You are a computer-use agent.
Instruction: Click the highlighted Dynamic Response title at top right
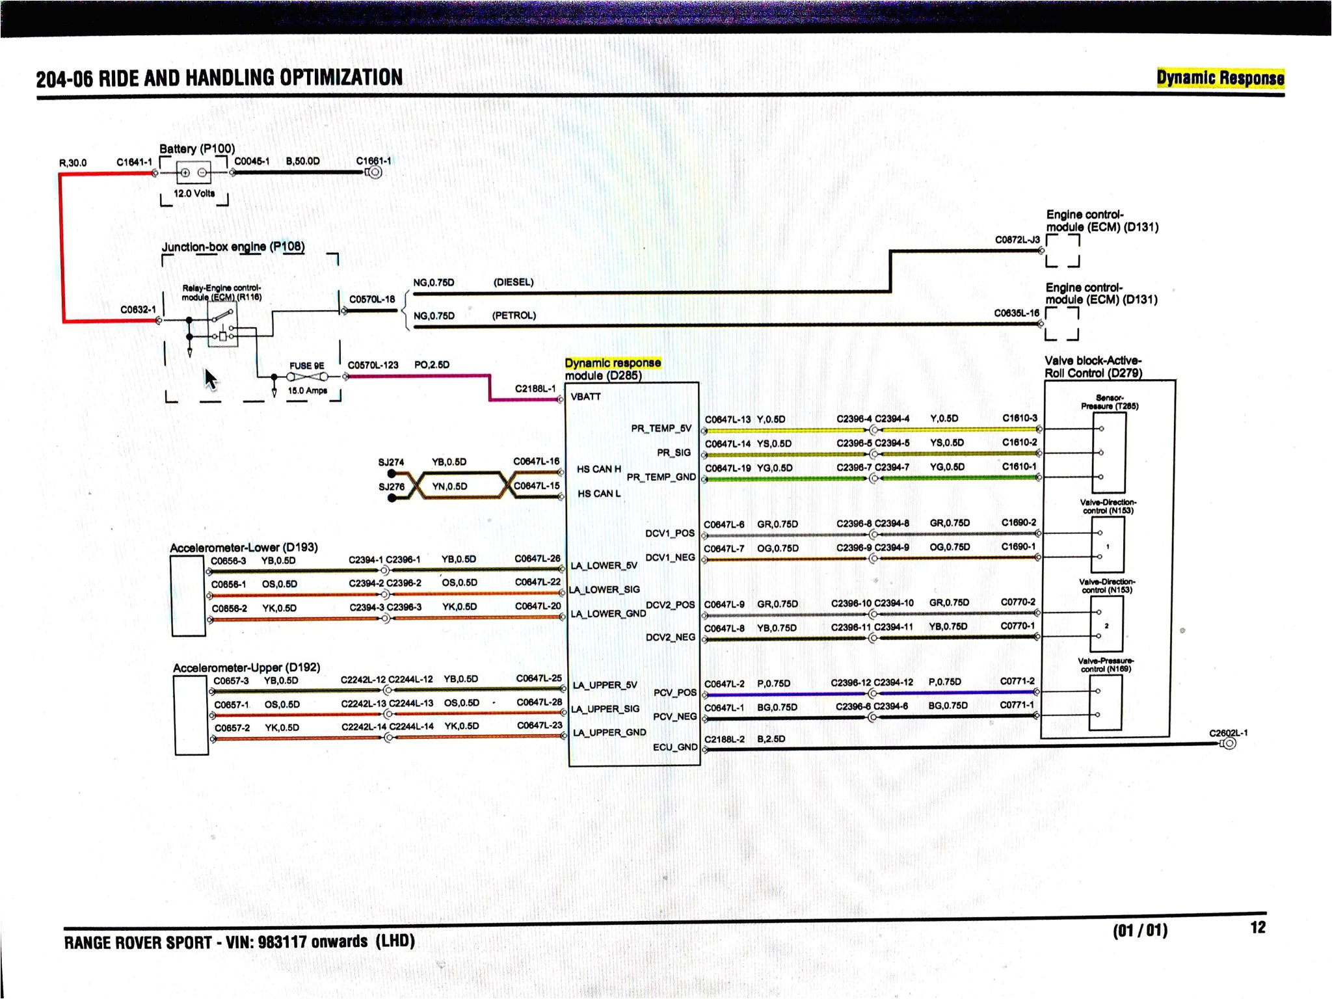tap(1220, 78)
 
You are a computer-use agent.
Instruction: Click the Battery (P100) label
tap(196, 148)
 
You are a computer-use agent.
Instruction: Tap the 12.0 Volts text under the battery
tap(194, 193)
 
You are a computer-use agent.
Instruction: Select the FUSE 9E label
tap(306, 366)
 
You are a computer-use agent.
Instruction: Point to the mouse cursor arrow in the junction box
tap(210, 379)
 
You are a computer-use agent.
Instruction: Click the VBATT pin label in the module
tap(585, 397)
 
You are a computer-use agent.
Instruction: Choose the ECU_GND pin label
tap(675, 747)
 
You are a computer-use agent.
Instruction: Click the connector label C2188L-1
tap(535, 388)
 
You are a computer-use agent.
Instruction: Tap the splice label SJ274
tap(391, 462)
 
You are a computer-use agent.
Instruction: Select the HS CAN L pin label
tap(598, 494)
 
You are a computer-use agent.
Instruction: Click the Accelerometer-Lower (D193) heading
tap(243, 547)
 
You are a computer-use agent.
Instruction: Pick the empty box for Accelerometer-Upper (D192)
tap(191, 715)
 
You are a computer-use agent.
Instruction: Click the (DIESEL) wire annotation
tap(513, 282)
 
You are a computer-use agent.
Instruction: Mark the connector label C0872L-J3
tap(1017, 239)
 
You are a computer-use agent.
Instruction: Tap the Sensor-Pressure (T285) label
tap(1109, 401)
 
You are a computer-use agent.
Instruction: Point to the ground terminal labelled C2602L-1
tap(1229, 743)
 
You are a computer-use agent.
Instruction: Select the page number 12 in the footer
tap(1258, 927)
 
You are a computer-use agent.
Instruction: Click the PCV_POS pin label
tap(674, 693)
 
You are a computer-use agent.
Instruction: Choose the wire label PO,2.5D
tap(432, 364)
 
